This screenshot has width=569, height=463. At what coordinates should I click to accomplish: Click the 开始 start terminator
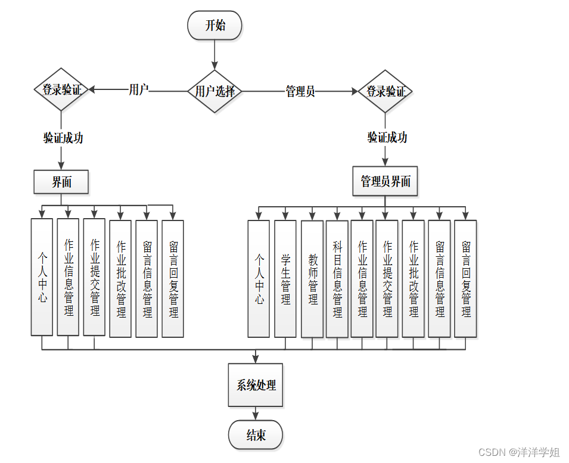point(214,25)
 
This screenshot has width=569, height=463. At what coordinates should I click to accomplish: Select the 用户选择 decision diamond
point(215,91)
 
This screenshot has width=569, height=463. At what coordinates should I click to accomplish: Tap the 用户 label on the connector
point(139,89)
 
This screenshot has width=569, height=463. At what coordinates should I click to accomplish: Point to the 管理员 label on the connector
point(300,91)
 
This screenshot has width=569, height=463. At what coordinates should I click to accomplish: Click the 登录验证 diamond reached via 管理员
point(385,91)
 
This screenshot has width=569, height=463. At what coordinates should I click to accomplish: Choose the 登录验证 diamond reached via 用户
point(61,89)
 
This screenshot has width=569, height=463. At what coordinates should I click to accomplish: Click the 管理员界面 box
point(385,181)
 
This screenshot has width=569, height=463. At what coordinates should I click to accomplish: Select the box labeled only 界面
point(61,182)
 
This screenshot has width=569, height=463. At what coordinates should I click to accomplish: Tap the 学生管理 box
point(285,279)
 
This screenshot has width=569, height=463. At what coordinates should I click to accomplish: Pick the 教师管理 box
point(312,279)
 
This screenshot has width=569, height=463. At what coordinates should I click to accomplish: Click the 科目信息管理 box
point(337,279)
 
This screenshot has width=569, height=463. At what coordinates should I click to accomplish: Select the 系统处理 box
point(256,385)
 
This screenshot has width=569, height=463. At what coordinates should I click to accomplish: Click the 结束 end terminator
point(256,435)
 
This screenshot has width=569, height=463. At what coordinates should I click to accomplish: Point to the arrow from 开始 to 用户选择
point(214,55)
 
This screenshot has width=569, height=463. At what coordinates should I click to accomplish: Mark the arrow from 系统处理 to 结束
point(256,414)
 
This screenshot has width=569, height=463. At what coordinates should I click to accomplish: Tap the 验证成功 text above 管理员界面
point(387,138)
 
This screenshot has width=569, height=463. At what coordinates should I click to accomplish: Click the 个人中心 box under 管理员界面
point(259,279)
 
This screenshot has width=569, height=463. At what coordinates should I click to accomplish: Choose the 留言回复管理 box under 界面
point(173,279)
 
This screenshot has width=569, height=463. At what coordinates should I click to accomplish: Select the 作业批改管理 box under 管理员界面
point(413,279)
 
